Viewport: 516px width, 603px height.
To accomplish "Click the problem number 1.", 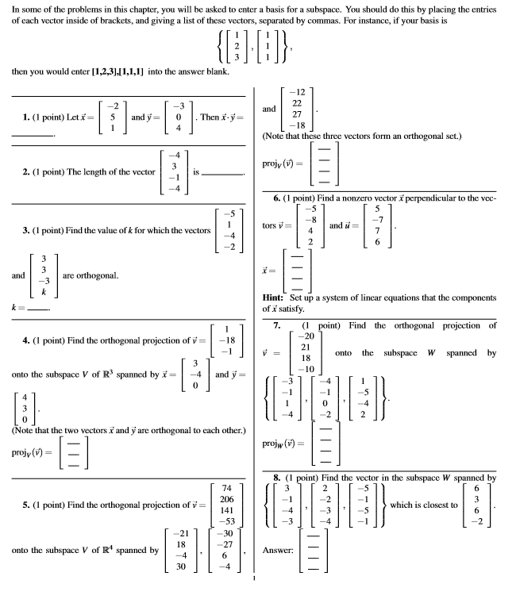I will pyautogui.click(x=17, y=117).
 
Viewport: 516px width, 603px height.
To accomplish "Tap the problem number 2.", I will pyautogui.click(x=17, y=170).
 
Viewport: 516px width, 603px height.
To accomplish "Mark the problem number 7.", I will pyautogui.click(x=277, y=325).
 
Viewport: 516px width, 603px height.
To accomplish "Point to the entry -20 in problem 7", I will pyautogui.click(x=309, y=336).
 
